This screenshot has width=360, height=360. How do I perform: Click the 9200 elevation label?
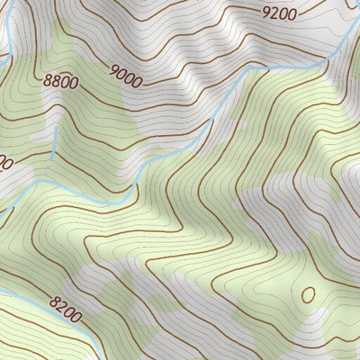tap(279, 13)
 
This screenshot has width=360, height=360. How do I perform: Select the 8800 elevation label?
tap(61, 82)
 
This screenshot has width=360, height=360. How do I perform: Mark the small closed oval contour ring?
tap(308, 294)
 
